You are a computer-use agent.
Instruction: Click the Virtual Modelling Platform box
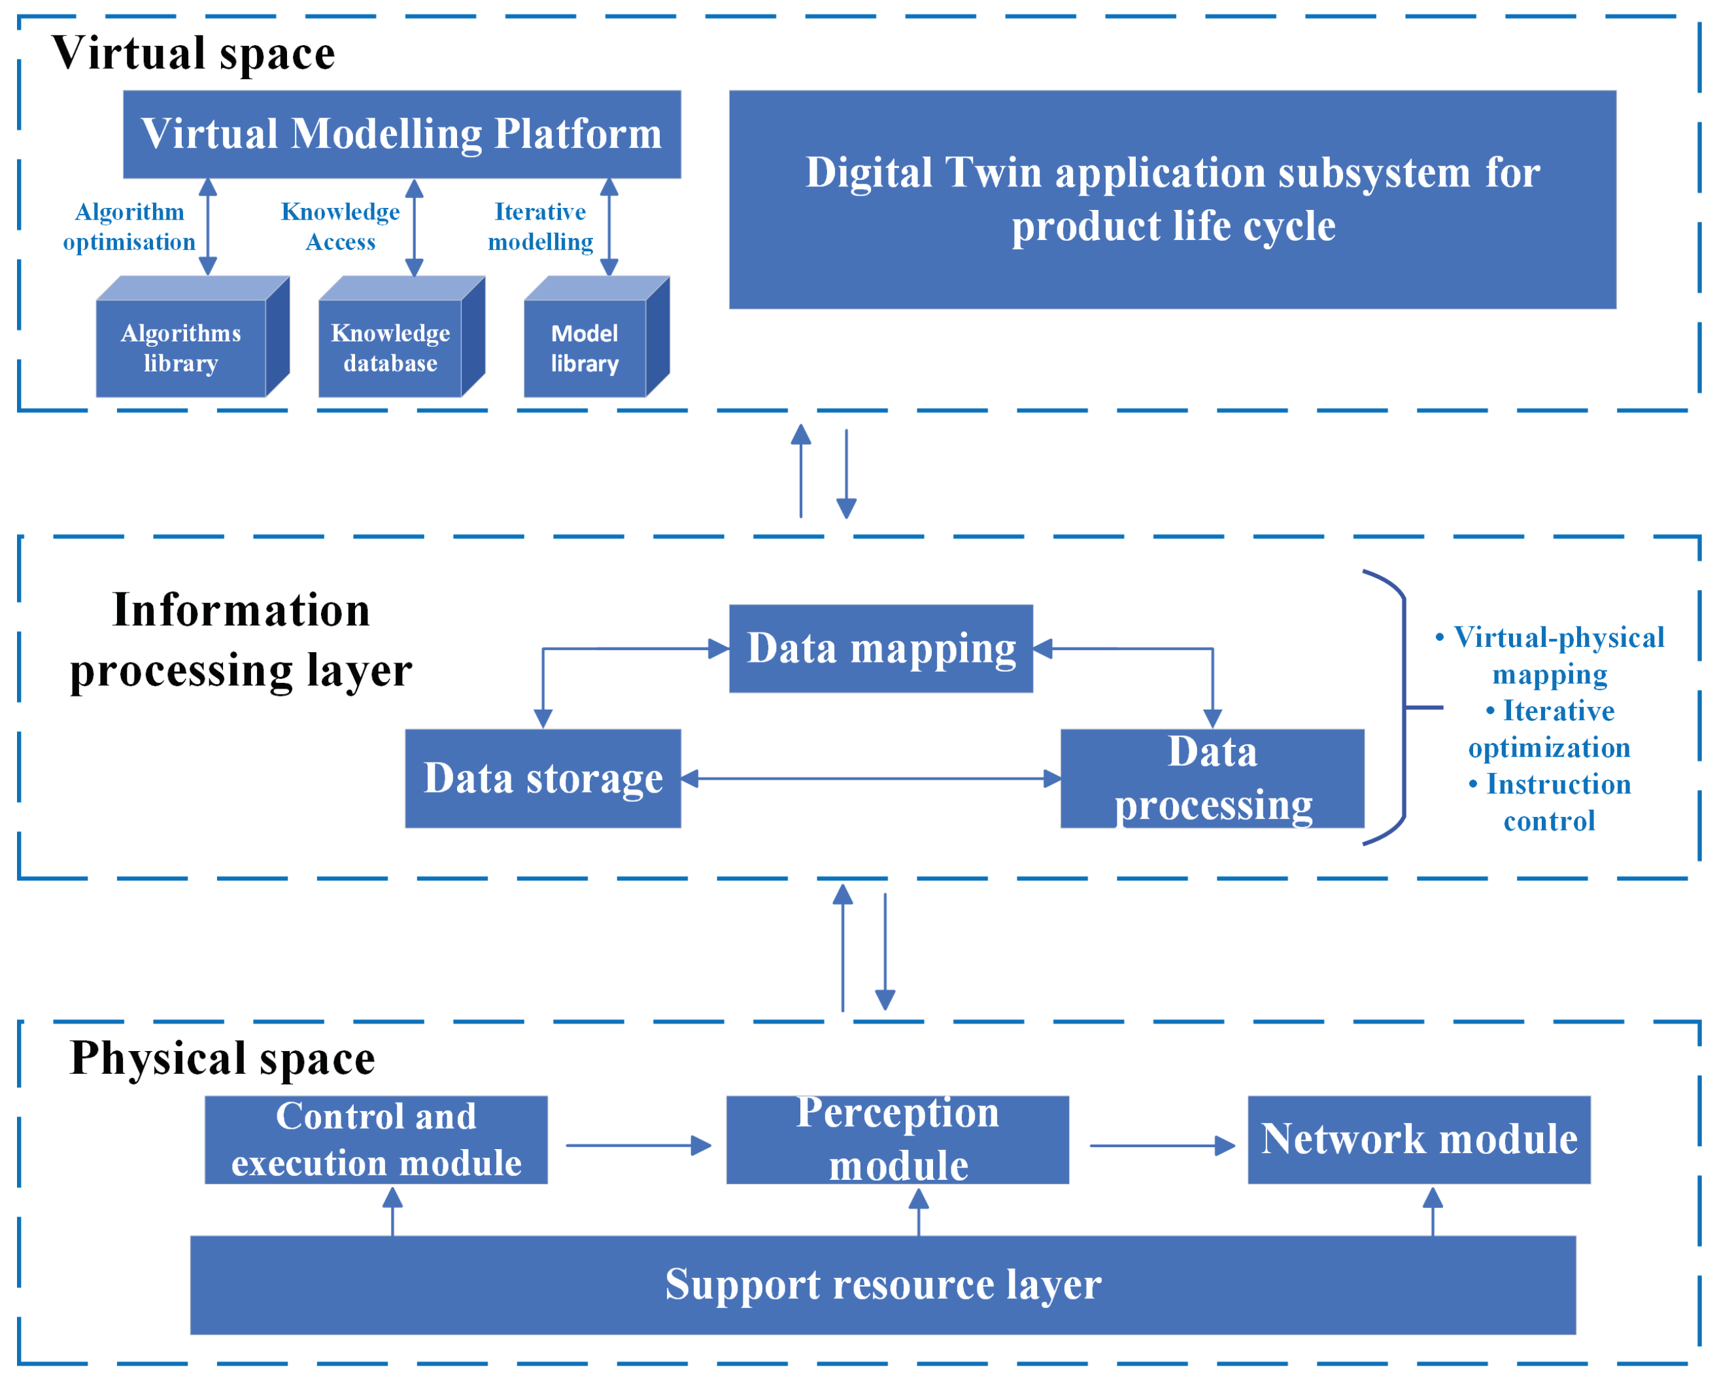point(401,134)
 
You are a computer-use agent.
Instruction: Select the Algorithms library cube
point(182,347)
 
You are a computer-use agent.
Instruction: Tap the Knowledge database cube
point(390,347)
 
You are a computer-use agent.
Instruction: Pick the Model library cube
point(585,347)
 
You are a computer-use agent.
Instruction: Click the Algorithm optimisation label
point(129,226)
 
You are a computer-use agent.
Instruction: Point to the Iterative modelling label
point(540,226)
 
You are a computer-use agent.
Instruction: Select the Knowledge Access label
point(340,226)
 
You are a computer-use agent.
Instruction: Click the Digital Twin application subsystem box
point(1172,199)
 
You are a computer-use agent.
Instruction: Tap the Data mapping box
point(881,649)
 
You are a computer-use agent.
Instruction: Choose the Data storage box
point(543,778)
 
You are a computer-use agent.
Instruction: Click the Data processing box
point(1212,778)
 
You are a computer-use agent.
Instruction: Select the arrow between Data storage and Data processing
point(871,778)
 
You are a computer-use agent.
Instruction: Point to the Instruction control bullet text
point(1549,802)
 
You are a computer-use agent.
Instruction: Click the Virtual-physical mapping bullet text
point(1549,655)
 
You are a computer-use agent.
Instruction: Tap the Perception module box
point(898,1139)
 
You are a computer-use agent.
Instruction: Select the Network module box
point(1418,1139)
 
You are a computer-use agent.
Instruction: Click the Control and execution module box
point(376,1139)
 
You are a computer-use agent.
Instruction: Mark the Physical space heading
point(222,1058)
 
